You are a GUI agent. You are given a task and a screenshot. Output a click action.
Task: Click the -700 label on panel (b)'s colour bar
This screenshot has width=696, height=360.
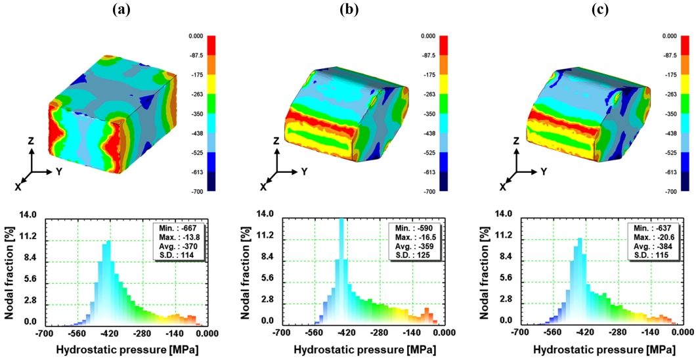click(428, 191)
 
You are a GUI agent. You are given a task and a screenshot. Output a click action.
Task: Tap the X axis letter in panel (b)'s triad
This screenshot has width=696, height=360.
click(263, 187)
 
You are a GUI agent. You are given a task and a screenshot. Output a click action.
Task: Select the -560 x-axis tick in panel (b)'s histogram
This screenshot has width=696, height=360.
click(315, 333)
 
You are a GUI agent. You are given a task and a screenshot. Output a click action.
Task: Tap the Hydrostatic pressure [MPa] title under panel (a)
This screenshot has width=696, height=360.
click(126, 349)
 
